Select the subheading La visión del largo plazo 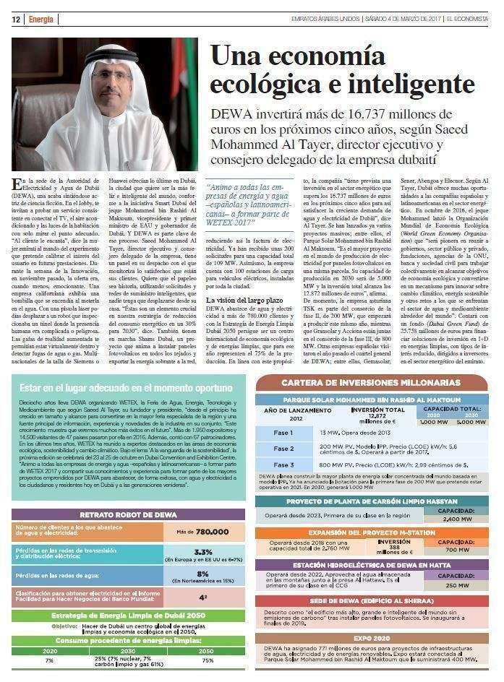tap(244, 300)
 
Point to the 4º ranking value tap(203, 597)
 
